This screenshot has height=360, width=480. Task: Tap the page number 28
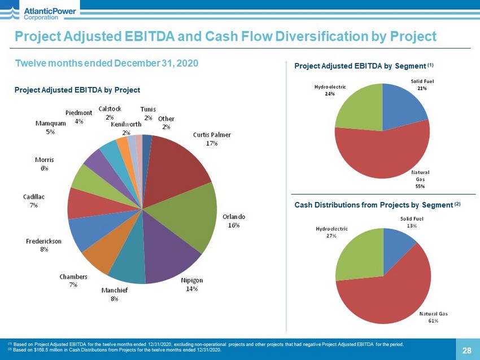coord(466,350)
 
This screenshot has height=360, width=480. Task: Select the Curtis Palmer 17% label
coord(212,139)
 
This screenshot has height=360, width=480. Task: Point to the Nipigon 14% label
coord(192,284)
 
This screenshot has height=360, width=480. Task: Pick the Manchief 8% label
coord(115,295)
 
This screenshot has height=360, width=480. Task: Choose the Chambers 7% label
coord(73,280)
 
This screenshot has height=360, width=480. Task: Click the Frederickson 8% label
coord(43,245)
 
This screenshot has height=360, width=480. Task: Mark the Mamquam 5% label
coord(51,127)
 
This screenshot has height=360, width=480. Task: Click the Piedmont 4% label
coord(79,117)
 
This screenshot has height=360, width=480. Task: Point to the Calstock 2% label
coord(109,112)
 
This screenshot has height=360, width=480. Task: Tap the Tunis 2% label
coord(148,113)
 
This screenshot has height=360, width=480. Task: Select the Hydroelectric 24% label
coord(330,90)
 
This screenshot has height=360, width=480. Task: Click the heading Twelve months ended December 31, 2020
coord(107,63)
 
